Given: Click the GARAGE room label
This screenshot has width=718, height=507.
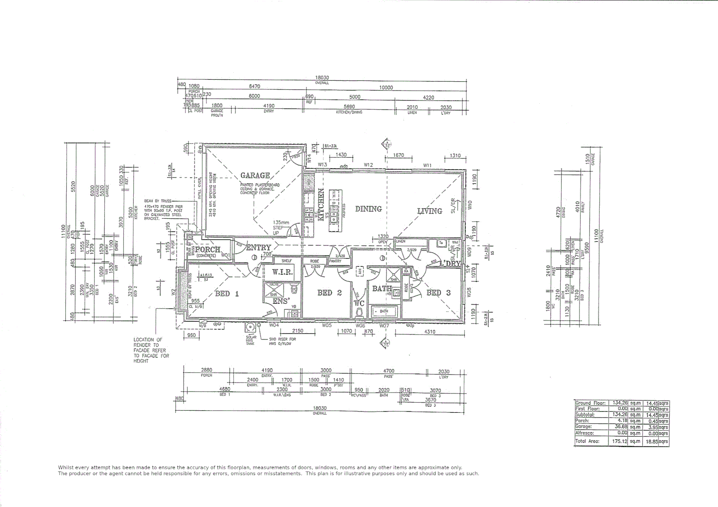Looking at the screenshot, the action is tap(255, 176).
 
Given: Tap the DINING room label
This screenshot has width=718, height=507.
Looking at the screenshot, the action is tap(368, 209).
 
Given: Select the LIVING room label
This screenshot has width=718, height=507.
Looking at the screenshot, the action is tap(429, 211).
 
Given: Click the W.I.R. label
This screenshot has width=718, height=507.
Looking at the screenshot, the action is tap(283, 272).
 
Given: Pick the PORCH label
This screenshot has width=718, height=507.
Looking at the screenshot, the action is tap(207, 250).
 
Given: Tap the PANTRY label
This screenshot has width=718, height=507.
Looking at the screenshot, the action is tap(335, 261).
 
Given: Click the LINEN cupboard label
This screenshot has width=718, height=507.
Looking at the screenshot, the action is tap(401, 241).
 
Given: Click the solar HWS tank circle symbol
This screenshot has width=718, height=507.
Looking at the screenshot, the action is tap(251, 328).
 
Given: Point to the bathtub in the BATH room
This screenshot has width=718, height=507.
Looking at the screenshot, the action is tap(384, 311).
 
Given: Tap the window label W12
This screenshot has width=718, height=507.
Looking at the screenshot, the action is tap(368, 165).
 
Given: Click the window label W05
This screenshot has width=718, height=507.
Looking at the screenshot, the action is tap(327, 325).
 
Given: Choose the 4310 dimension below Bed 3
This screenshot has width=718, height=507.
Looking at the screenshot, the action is tap(429, 332).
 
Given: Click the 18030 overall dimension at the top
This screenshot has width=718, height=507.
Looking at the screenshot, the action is tap(322, 78).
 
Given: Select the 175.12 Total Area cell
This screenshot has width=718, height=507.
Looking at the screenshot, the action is tap(619, 442).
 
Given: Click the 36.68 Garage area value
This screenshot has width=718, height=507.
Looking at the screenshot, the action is tap(620, 427).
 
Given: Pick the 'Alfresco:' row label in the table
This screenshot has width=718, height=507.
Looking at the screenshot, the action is tap(585, 433).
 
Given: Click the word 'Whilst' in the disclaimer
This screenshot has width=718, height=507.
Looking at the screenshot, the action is tap(66, 467).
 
